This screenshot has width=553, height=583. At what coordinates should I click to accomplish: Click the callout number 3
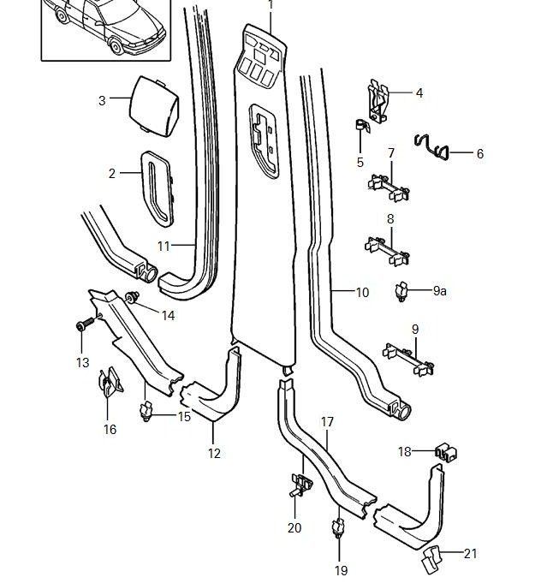(102, 100)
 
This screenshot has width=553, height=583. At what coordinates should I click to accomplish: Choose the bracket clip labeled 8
(387, 249)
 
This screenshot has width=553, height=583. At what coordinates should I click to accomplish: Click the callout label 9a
(439, 291)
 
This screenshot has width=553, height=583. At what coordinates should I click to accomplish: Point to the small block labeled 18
(445, 451)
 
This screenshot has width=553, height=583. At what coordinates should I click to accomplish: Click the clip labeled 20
(300, 485)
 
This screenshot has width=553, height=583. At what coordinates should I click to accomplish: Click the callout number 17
(327, 421)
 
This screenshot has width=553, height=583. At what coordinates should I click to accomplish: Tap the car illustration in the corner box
(103, 26)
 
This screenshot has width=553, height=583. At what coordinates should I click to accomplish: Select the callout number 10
(362, 293)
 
